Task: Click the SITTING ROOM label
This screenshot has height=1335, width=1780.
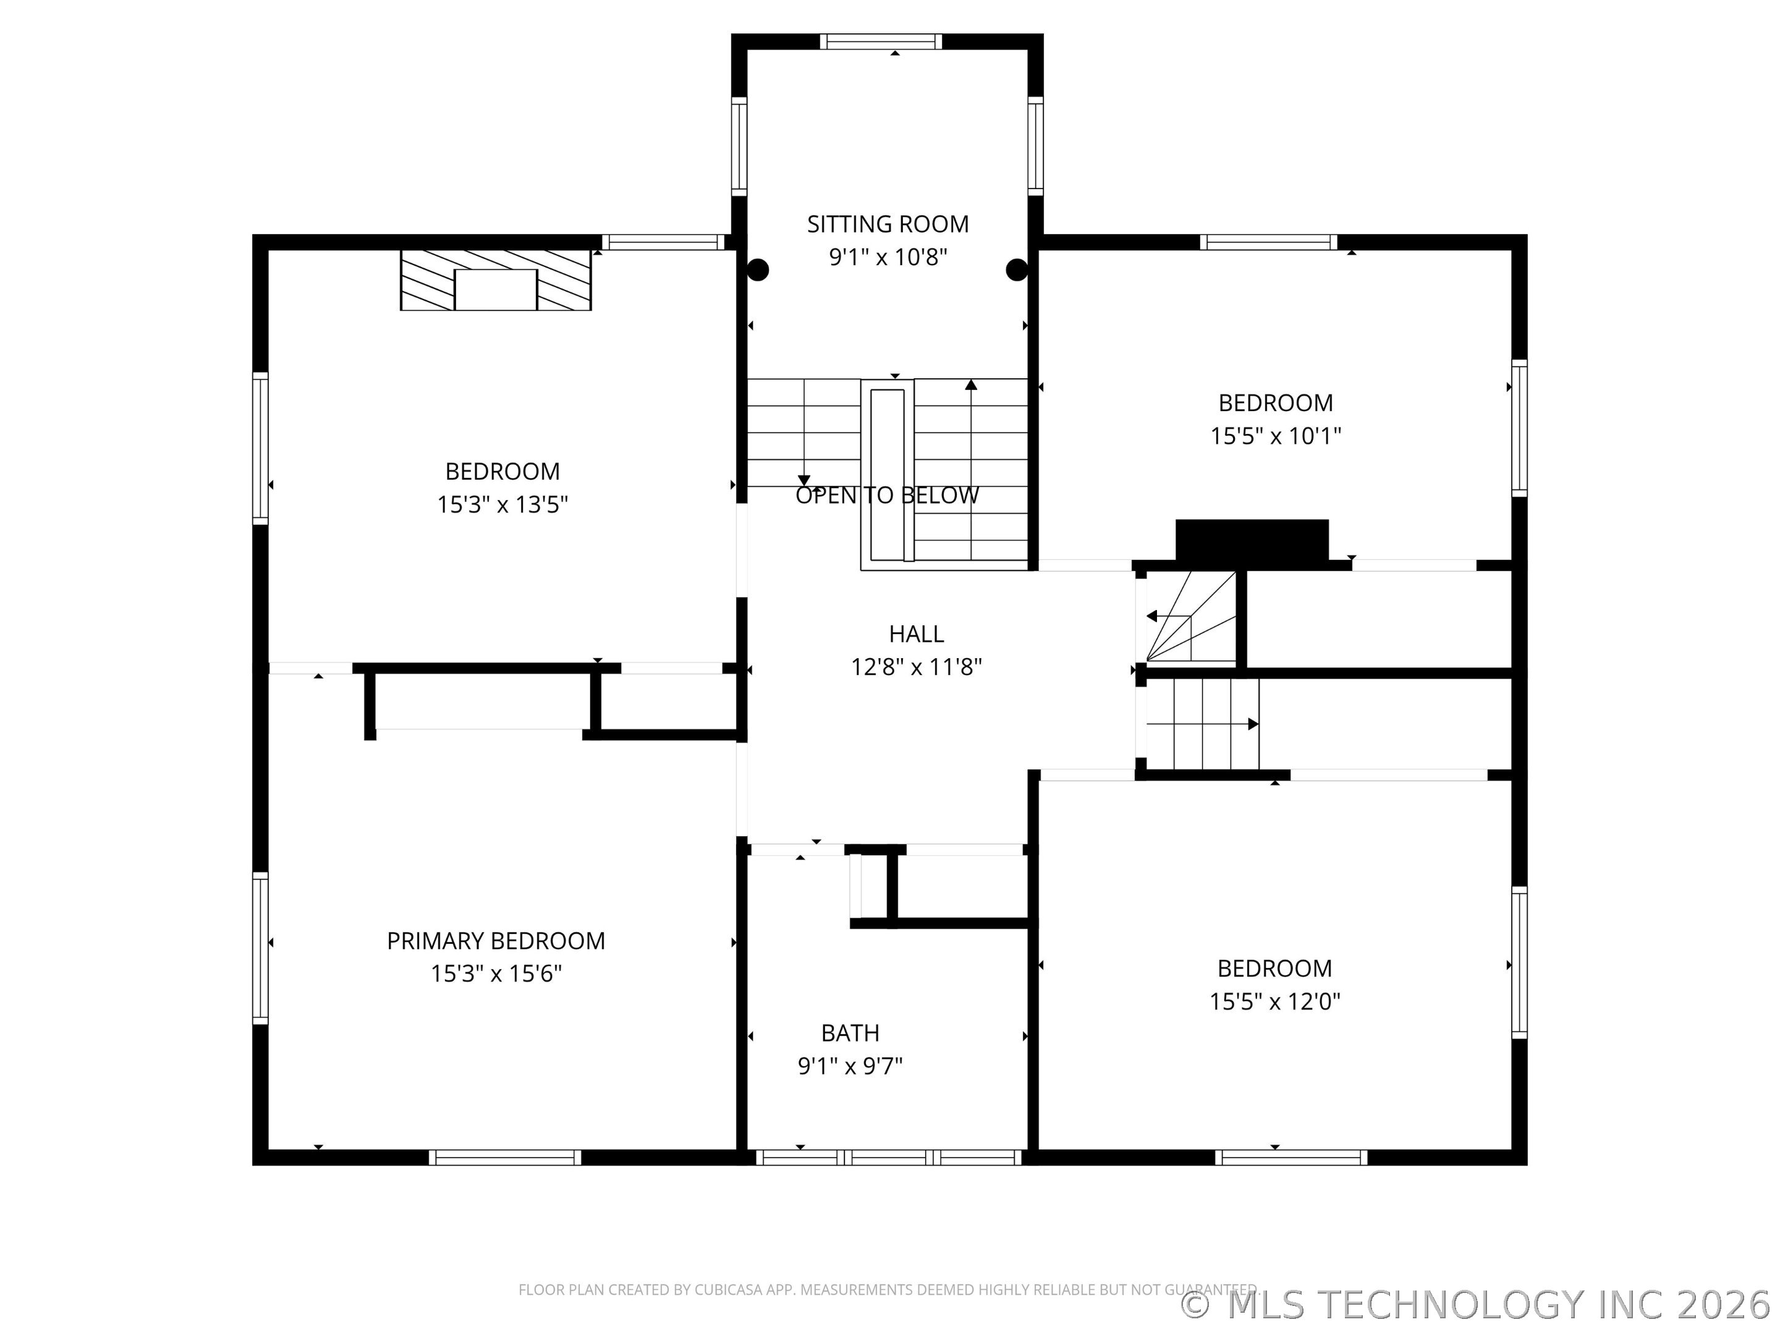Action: pos(888,224)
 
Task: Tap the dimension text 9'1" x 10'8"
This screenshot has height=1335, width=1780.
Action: pos(888,258)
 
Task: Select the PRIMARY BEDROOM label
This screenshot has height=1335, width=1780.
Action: pos(496,941)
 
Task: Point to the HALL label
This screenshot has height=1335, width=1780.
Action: pos(916,634)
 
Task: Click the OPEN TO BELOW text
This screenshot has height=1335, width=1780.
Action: pos(887,496)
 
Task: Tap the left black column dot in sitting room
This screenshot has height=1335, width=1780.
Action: pos(758,269)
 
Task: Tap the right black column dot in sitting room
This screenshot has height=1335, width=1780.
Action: pos(1016,269)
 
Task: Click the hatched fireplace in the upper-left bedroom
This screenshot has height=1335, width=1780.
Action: pos(496,280)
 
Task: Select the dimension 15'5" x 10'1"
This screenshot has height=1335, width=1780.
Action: pos(1276,436)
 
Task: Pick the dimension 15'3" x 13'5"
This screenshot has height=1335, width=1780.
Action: pos(502,504)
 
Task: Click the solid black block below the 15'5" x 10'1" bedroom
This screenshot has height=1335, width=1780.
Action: pos(1252,539)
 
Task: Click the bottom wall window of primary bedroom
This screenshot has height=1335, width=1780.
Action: pos(504,1157)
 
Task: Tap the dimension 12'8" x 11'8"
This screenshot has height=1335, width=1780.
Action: pos(916,667)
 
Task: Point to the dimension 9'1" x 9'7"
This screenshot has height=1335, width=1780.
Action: pos(850,1066)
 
